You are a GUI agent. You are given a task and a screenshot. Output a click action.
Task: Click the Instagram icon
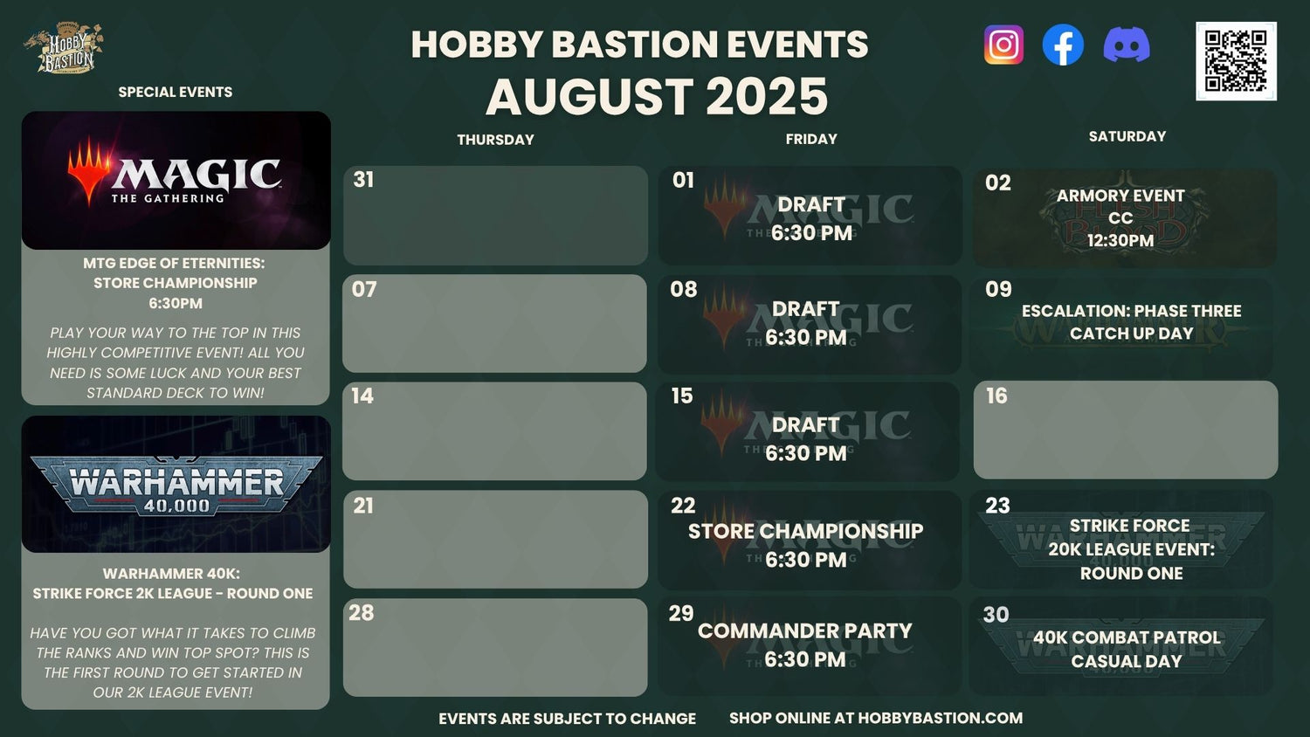tap(1003, 45)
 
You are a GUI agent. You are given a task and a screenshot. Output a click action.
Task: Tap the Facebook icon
tap(1063, 45)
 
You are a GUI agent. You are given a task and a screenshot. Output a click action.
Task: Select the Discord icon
tap(1127, 45)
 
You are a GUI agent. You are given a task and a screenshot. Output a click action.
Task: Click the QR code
tap(1236, 61)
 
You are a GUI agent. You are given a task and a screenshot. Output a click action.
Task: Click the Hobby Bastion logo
tap(64, 48)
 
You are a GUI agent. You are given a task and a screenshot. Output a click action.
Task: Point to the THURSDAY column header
tap(495, 140)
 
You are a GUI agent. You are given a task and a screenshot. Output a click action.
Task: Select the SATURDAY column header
tap(1127, 136)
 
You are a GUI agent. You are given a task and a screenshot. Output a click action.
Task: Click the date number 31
tap(363, 180)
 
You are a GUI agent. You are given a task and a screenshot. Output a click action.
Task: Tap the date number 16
tap(996, 396)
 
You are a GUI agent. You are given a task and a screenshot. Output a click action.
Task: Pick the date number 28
tap(362, 613)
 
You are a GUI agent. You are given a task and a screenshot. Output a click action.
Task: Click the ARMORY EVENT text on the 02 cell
tap(1120, 196)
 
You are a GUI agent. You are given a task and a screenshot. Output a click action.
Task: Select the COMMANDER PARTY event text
tap(804, 631)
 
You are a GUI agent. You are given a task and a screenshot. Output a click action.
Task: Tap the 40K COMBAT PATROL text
tap(1127, 637)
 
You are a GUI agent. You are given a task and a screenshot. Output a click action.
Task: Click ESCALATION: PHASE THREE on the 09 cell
tap(1131, 311)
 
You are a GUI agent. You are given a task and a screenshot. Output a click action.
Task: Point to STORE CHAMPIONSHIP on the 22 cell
tap(805, 531)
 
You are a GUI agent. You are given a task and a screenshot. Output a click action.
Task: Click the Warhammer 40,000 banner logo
tap(176, 485)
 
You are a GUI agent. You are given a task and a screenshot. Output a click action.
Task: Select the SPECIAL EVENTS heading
tap(175, 92)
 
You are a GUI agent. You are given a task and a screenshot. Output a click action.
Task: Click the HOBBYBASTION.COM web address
tap(940, 718)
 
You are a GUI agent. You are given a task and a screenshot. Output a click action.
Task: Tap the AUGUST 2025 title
tap(656, 97)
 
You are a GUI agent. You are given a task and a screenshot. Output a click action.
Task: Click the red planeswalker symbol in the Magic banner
tap(89, 170)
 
